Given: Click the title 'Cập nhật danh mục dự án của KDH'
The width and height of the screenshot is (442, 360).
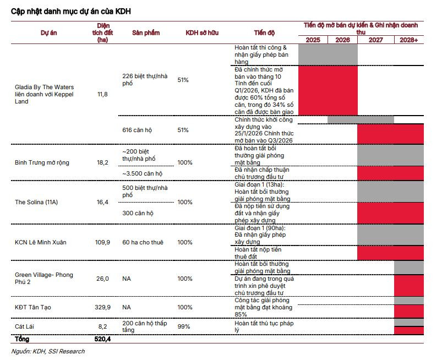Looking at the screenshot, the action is click(71, 12).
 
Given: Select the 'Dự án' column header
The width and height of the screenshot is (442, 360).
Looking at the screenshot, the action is click(49, 32).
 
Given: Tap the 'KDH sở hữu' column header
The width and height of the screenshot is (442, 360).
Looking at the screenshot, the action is click(202, 32).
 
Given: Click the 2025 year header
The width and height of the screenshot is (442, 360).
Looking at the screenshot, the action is click(313, 40).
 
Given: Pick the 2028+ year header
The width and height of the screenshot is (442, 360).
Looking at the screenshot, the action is click(409, 40).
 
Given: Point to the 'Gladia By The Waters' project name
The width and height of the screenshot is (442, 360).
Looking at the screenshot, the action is click(44, 87).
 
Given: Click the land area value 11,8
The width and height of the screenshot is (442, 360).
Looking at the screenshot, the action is click(102, 94).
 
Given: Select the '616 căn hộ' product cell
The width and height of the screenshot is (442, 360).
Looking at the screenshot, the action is click(137, 130).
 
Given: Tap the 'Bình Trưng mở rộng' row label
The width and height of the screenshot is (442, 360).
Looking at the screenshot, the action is click(42, 163).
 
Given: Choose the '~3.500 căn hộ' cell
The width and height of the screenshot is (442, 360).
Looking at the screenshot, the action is click(143, 173).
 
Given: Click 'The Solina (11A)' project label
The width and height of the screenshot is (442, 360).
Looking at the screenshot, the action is click(36, 202).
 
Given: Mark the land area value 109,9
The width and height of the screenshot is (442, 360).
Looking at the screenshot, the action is click(102, 242).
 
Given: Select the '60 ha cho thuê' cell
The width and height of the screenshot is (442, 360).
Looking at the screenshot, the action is click(143, 242).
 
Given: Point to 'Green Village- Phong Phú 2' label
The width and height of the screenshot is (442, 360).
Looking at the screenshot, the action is click(44, 278).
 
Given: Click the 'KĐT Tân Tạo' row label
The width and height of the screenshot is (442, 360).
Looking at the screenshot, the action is click(33, 307).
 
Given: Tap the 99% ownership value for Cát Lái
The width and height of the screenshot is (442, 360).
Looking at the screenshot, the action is click(184, 326).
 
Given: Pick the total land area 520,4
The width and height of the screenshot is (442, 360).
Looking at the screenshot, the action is click(102, 339).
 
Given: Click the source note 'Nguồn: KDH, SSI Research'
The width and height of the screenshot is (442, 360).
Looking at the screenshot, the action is click(48, 351).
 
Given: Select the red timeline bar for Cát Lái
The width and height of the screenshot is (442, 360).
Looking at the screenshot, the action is click(409, 330).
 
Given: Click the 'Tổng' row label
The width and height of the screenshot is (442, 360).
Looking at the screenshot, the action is click(22, 339).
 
